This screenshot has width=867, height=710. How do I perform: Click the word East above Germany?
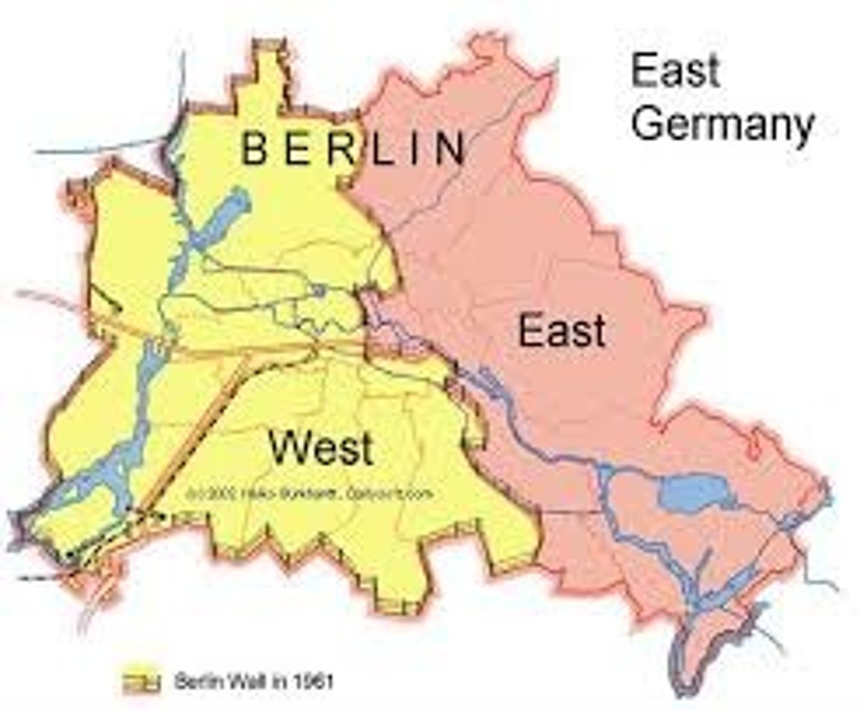(675, 71)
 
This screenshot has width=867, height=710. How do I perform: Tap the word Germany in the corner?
(722, 125)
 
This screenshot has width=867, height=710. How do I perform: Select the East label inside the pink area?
(562, 331)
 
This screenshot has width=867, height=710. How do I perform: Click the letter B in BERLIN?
(254, 149)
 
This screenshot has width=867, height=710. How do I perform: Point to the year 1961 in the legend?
(313, 682)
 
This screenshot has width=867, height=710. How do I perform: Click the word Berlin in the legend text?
(199, 682)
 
